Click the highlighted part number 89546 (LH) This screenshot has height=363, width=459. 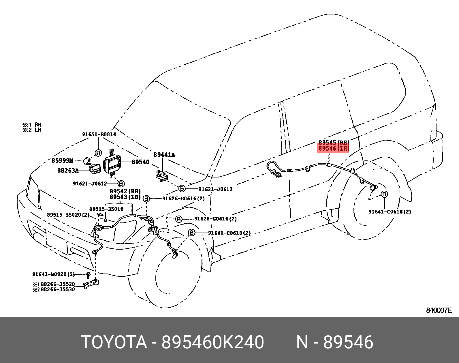pos(334,149)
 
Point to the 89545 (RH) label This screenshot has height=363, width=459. pos(334,143)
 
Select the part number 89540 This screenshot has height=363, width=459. pos(140,162)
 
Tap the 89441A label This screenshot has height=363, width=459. pos(164,155)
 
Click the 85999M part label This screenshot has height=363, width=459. pos(62,161)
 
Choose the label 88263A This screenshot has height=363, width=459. pos(68,171)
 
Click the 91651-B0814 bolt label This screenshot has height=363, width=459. pos(99,134)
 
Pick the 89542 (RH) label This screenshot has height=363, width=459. pos(125,191)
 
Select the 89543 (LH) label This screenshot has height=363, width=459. pos(125,197)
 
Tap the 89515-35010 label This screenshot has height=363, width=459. pos(106,209)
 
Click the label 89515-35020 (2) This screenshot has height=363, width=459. pos(68,215)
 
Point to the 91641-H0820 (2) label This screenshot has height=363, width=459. pos(53,274)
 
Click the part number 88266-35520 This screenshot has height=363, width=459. pos(58,284)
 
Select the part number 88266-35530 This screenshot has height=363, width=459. pos(58,289)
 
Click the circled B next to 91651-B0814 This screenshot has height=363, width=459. pos(98,153)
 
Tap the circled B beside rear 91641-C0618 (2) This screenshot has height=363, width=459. pos(384,194)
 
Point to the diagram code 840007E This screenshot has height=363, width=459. pos(439,310)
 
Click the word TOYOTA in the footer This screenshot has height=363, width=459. pos(114,342)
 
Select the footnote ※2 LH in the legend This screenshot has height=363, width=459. pos(32,130)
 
